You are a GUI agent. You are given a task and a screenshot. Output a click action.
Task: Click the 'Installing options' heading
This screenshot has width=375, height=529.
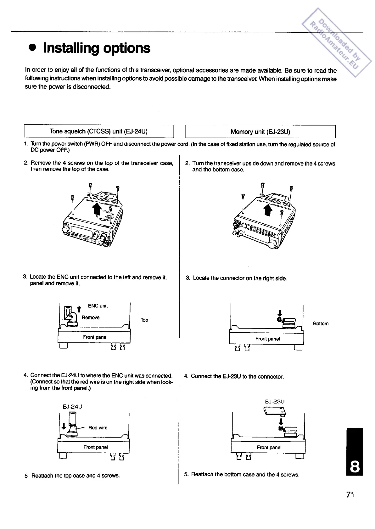96,48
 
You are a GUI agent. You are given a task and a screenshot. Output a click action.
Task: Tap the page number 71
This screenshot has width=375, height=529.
350,495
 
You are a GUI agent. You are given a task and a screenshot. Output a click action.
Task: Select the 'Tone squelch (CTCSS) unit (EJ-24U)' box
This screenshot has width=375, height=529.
99,131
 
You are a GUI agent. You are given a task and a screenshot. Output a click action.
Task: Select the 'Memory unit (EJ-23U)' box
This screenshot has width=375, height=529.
260,132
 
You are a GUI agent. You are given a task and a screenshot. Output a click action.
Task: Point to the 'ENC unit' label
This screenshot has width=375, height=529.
98,306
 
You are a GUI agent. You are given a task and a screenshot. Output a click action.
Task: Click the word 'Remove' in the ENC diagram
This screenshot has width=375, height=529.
91,318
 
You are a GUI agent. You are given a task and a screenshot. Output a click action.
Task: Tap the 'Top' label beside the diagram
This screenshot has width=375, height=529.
144,320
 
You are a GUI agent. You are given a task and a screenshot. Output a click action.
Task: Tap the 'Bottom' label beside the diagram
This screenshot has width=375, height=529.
321,324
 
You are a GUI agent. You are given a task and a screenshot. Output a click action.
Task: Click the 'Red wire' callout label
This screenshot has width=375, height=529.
98,428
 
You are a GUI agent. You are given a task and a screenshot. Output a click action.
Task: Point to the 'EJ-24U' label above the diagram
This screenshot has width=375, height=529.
73,406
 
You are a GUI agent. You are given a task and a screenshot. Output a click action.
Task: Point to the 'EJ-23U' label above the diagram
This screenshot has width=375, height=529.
275,401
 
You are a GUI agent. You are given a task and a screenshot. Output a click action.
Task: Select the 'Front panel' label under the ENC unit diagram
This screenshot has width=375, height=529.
95,337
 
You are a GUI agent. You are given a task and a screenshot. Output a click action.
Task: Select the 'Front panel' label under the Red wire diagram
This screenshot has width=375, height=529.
95,447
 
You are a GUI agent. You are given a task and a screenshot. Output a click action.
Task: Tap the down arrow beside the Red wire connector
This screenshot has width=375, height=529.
64,427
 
